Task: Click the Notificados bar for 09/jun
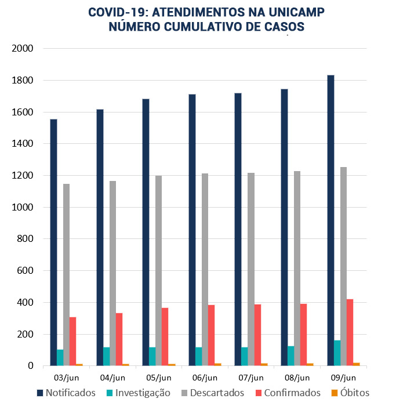coord(330,220)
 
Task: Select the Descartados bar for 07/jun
coord(251,269)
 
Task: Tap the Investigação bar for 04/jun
coord(106,356)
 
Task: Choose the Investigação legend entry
coord(137,393)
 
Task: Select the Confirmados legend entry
coord(286,393)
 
